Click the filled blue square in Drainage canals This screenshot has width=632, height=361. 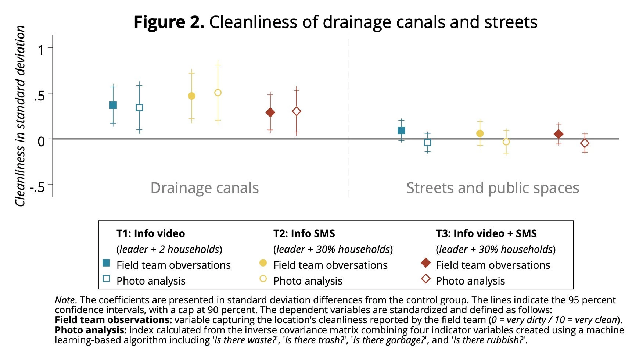point(113,105)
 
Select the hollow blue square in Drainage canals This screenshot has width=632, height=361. point(139,108)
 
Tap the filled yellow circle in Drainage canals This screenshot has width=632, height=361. point(191,96)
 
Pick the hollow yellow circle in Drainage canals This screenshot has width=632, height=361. point(218,93)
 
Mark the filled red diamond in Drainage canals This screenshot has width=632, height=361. point(270,112)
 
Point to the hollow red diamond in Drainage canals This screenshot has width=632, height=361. point(297,111)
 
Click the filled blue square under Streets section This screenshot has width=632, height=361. point(401,131)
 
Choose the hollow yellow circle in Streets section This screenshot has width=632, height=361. point(506,142)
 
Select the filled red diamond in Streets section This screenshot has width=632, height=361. point(559,134)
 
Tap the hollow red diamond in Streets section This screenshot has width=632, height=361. point(585,143)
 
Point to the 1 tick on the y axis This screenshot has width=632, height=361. point(42,49)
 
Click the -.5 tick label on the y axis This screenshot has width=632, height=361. point(37,187)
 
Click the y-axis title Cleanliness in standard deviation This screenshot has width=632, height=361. point(20,116)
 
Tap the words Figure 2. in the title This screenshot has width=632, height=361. point(169,22)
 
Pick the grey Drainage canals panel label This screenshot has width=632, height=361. point(205,188)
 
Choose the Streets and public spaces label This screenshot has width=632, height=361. point(492,188)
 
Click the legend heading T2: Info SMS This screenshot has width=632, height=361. point(304,233)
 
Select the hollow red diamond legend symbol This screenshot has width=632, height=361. point(426,279)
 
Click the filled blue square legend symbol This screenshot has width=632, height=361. point(107,263)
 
